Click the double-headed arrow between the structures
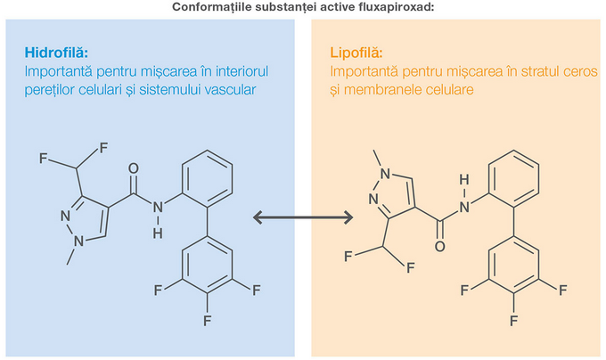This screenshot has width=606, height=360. click(x=303, y=217)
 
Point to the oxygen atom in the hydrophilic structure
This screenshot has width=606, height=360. click(x=135, y=167)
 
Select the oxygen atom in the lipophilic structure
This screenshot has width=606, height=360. click(x=439, y=242)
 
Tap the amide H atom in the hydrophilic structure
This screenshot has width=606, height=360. click(x=158, y=233)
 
